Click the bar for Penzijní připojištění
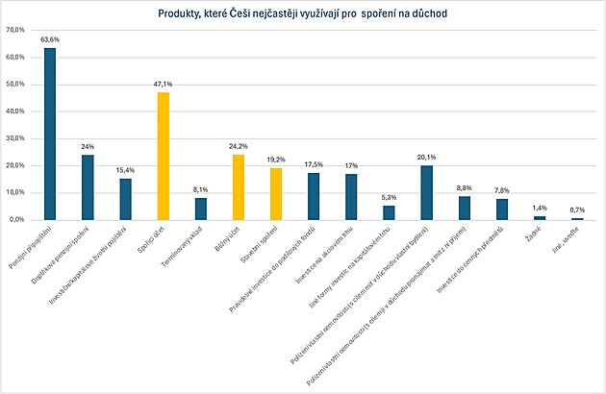pos(50,134)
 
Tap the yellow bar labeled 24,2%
pos(239,186)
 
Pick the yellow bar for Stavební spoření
pos(276,193)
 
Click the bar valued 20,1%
pos(427,192)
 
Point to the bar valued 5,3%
pos(389,212)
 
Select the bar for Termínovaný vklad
pos(201,209)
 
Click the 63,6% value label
pos(50,40)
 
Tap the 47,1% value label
pos(164,85)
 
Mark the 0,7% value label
pos(577,209)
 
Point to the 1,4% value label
pos(540,208)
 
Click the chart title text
pos(303,13)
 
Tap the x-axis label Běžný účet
pos(231,237)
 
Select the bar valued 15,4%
pos(126,199)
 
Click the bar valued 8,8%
pos(465,208)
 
